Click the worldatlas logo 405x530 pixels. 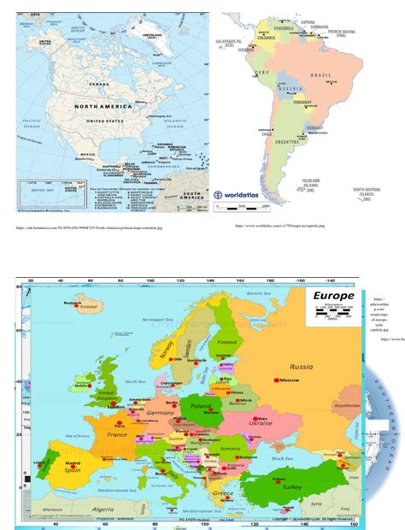[x=243, y=194]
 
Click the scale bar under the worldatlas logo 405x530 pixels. [x=244, y=208]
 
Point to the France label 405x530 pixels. [x=116, y=434]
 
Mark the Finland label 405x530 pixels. [x=226, y=341]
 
